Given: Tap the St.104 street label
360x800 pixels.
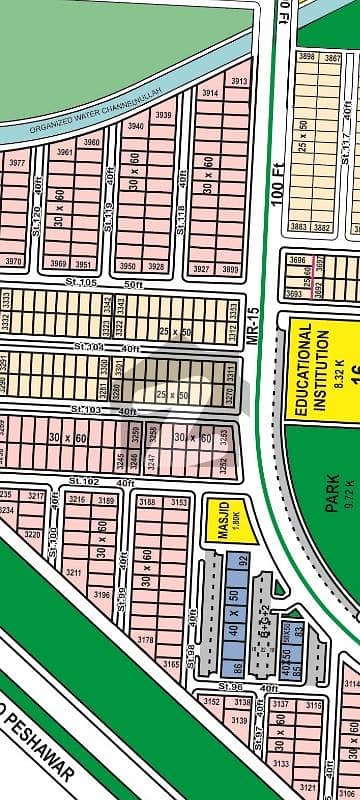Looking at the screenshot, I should point(87,346).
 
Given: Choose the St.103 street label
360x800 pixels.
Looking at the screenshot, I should point(85,411).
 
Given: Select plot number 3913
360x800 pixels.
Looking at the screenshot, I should point(239,82).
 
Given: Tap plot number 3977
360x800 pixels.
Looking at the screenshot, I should point(17,163).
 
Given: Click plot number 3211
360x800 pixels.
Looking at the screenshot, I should point(72,572).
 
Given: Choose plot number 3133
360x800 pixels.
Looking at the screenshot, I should point(281,764).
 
